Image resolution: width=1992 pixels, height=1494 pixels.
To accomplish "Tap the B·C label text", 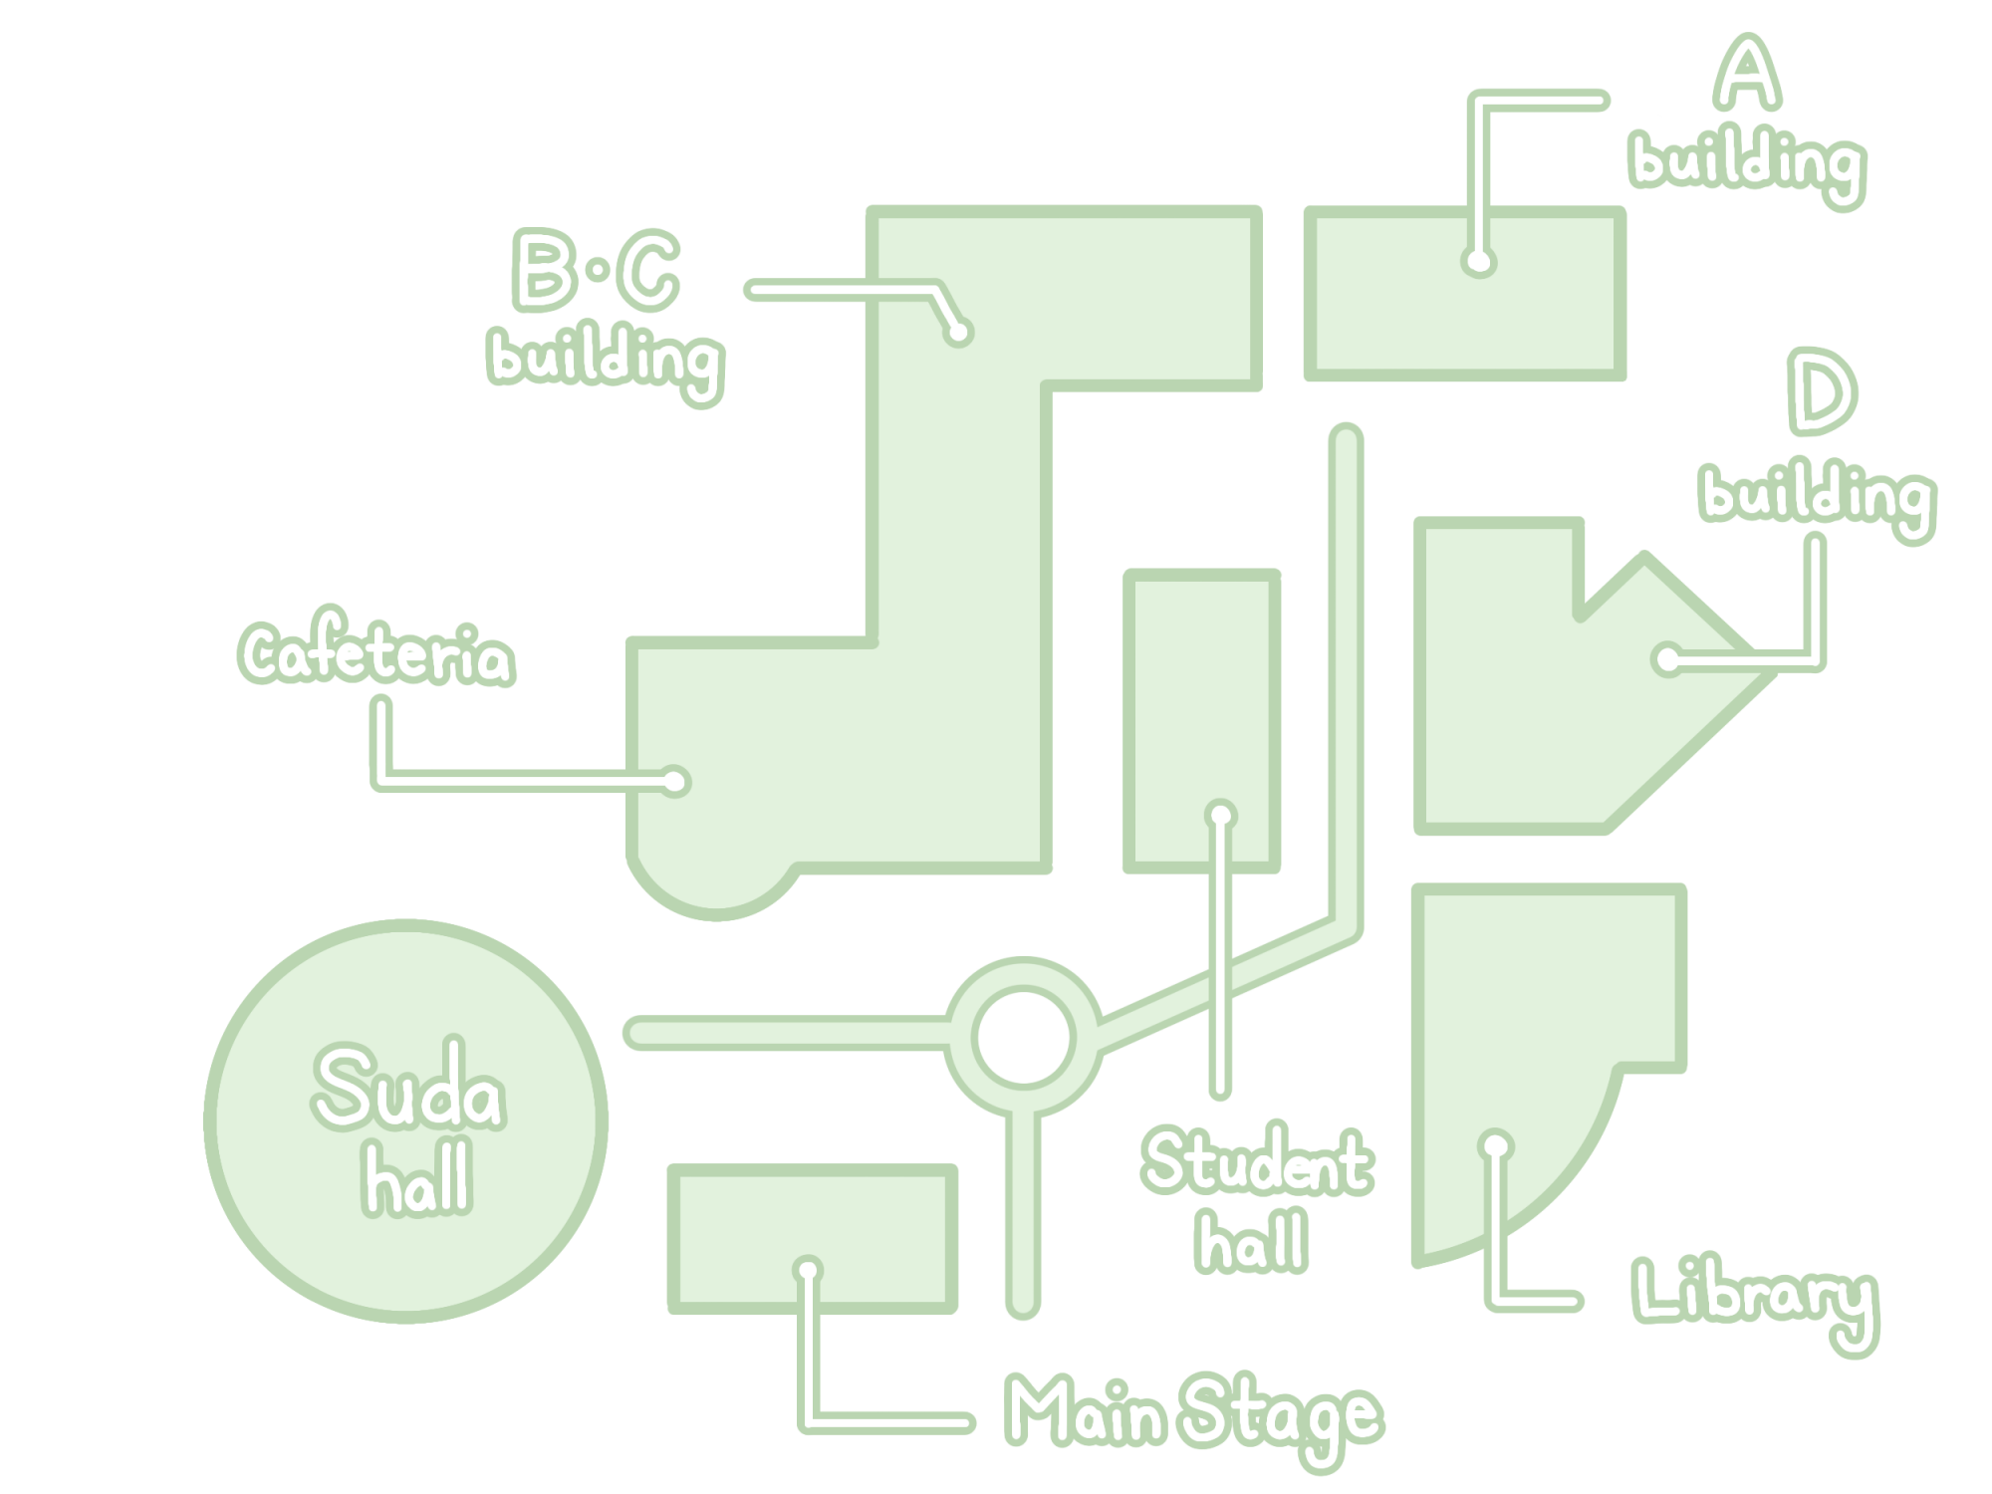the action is point(597,269).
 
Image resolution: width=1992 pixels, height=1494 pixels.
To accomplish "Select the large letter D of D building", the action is point(1822,391).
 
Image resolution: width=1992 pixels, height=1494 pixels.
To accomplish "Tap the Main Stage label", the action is point(1193,1414).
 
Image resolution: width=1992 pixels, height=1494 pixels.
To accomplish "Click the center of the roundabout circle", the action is point(1024,1037).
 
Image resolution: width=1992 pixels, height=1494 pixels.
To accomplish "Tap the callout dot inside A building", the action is point(1479,262).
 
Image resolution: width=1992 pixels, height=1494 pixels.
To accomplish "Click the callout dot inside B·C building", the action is point(958,332).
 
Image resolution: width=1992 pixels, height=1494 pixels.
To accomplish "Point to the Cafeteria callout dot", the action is point(675,782).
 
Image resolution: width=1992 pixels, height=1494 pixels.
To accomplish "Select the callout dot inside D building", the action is point(1667,659).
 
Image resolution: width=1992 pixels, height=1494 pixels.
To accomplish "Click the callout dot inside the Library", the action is point(1495,1146).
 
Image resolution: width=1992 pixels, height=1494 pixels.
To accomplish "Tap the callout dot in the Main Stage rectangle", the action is point(808,1270).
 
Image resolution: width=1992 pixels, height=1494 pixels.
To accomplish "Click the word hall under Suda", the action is point(417,1177).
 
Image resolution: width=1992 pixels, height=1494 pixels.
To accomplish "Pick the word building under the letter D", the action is point(1818,497).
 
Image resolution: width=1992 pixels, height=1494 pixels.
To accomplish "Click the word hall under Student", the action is point(1252,1241).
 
